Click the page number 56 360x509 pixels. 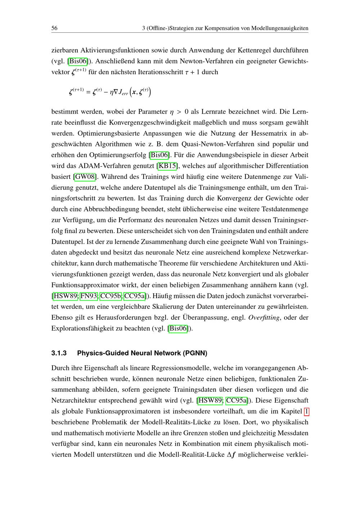(x=55, y=28)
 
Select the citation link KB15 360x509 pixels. (x=168, y=166)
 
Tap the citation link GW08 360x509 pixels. (x=85, y=177)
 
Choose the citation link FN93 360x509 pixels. (x=89, y=296)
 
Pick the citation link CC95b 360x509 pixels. (x=111, y=296)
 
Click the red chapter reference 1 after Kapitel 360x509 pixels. (x=306, y=411)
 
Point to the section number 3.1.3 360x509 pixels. (x=59, y=353)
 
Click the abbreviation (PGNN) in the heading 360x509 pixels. (x=195, y=353)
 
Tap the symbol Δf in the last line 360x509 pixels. (x=232, y=455)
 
